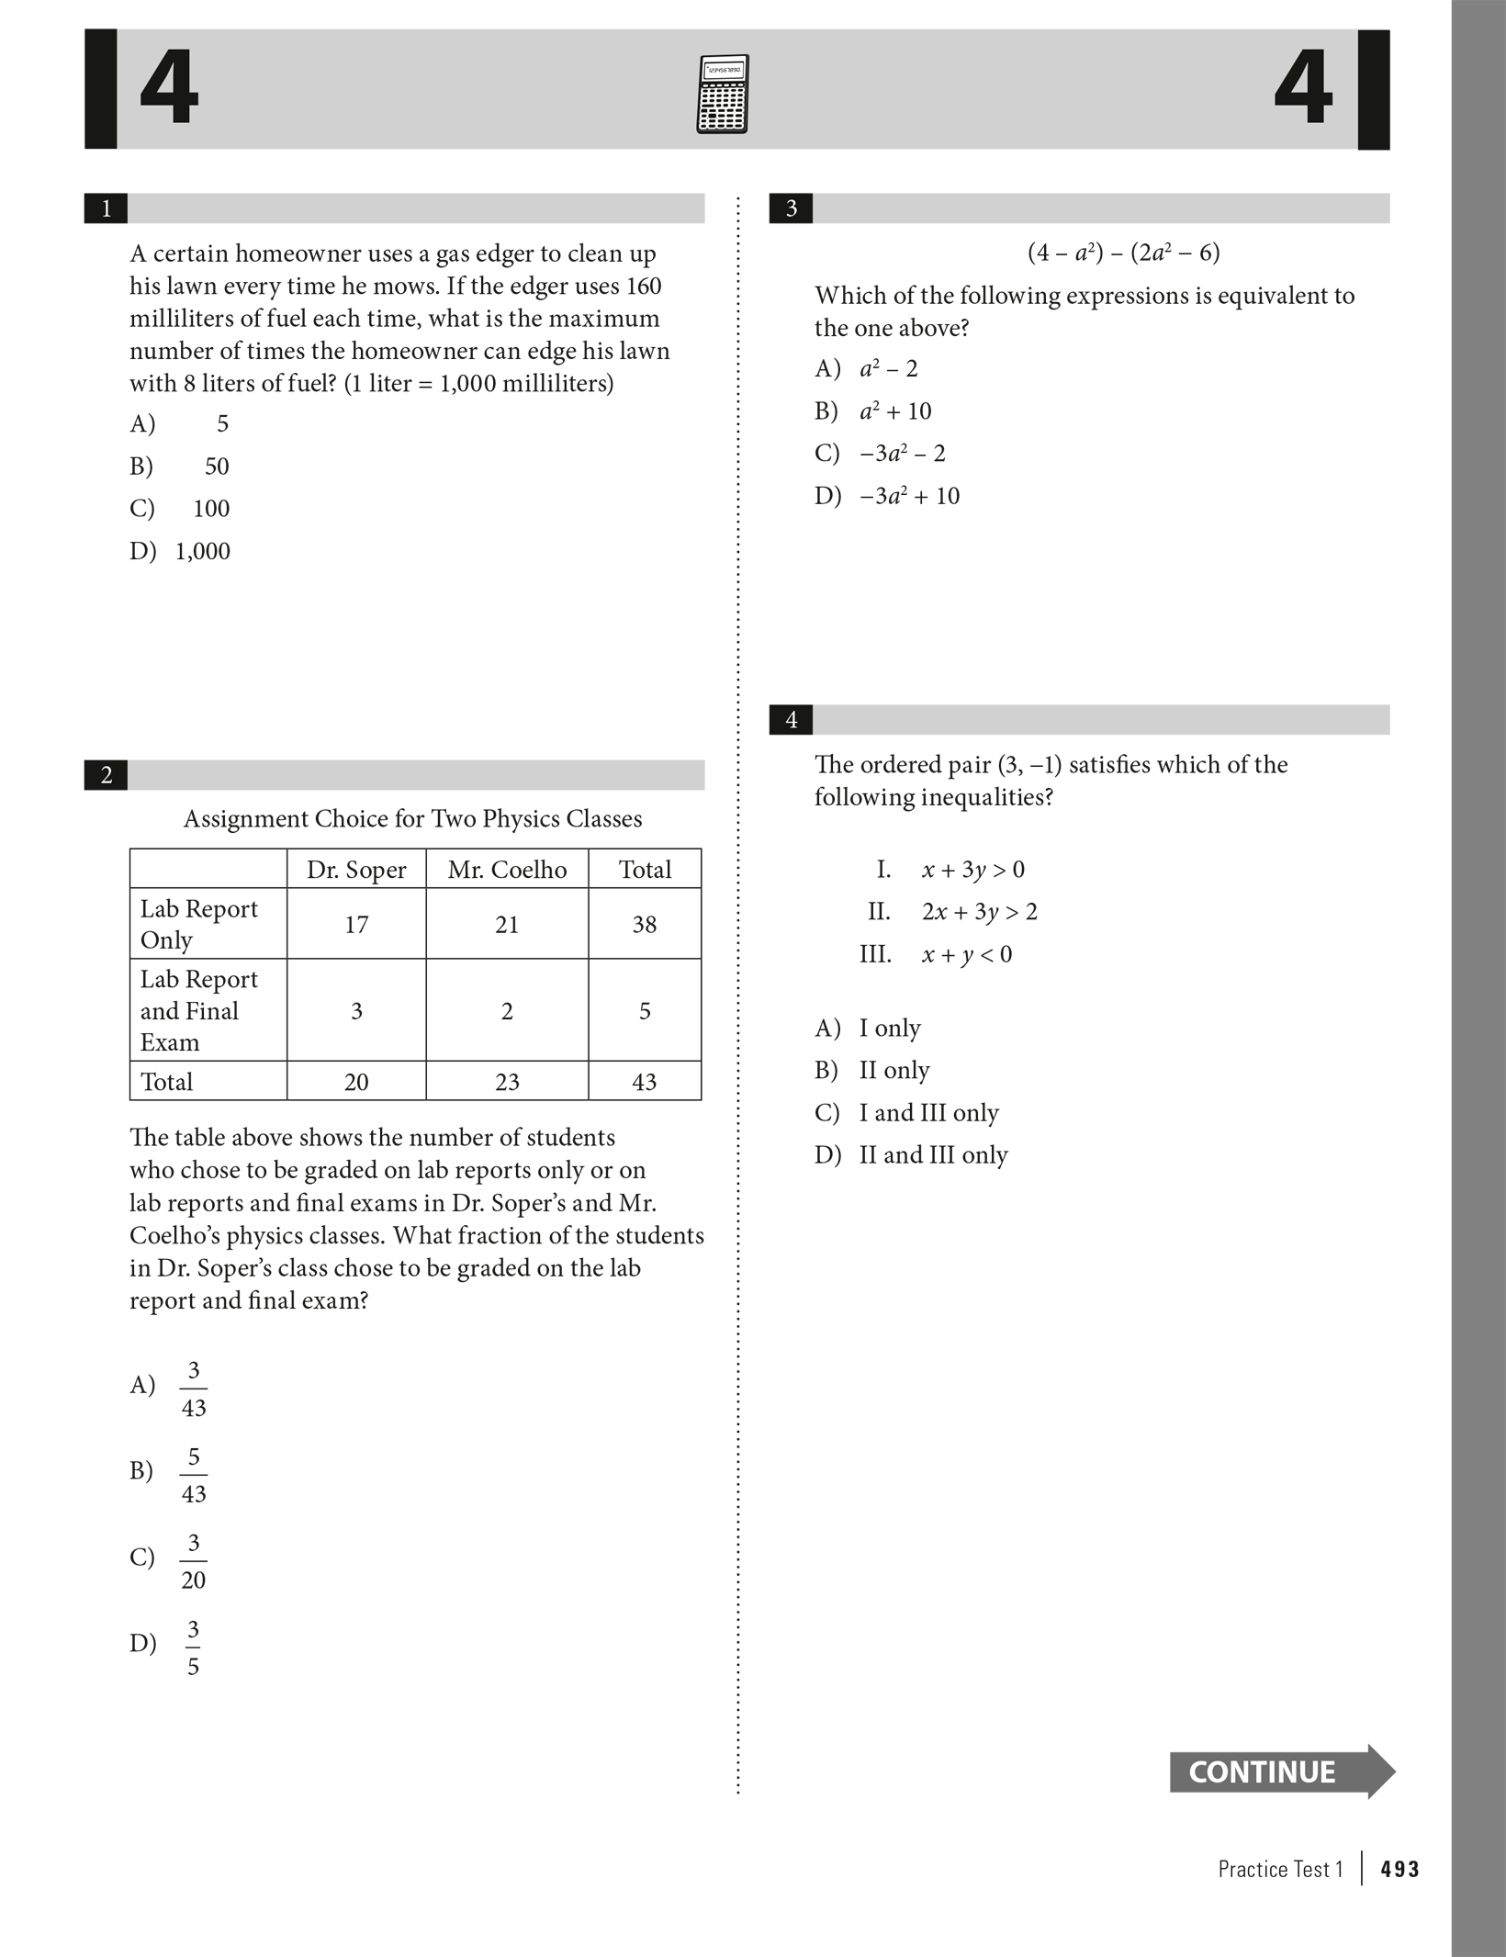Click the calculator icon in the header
tap(722, 94)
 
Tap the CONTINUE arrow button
tap(1280, 1771)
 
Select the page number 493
tap(1399, 1869)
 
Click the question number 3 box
tap(791, 209)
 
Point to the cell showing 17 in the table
tap(356, 925)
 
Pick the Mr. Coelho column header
tap(507, 870)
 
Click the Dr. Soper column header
tap(356, 870)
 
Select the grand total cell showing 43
tap(644, 1082)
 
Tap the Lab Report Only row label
tap(199, 924)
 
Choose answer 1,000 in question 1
tap(202, 551)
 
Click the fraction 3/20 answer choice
tap(193, 1561)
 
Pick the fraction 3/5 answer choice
tap(193, 1648)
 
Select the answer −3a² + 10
tap(909, 496)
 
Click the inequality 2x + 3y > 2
tap(979, 912)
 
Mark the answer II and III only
tap(933, 1154)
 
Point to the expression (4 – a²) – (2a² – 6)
tap(1123, 253)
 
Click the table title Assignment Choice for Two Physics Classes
tap(412, 819)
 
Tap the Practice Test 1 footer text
tap(1280, 1869)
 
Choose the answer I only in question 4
tap(889, 1028)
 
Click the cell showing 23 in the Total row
tap(507, 1082)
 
